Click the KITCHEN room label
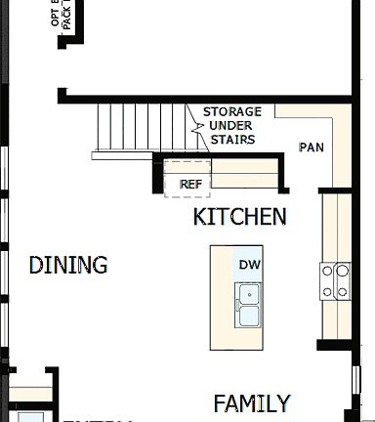(239, 217)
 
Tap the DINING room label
(68, 265)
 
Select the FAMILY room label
(252, 403)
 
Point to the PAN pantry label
(311, 148)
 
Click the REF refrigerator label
(190, 184)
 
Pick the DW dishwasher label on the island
(249, 265)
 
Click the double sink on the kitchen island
(249, 305)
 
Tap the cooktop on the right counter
(336, 281)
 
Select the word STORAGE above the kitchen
(232, 112)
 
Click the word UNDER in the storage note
(232, 126)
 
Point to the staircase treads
(142, 126)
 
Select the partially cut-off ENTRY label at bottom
(98, 418)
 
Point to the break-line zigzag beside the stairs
(195, 127)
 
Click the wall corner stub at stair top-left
(62, 96)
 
